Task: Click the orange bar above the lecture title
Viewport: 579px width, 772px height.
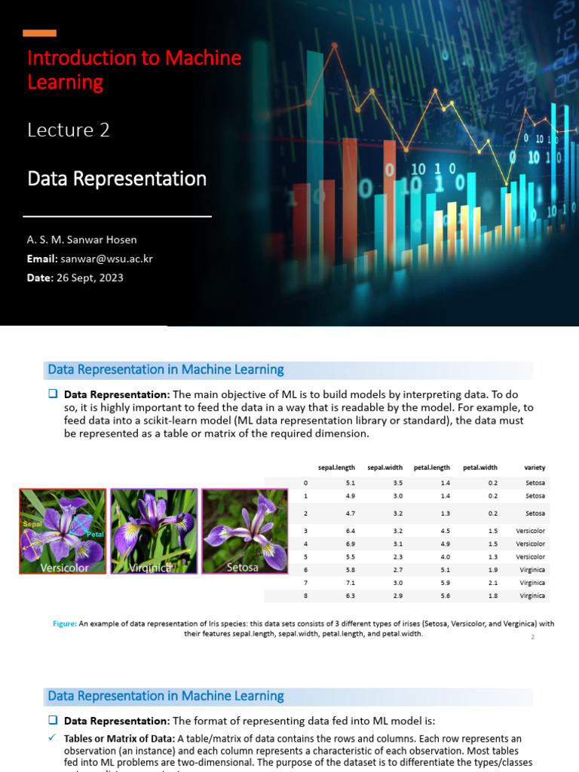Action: click(39, 33)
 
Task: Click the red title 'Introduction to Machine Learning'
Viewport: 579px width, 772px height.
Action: click(134, 69)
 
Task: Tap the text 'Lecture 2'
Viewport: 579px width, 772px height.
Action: click(69, 130)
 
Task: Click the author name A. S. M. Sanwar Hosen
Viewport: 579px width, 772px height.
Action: click(82, 240)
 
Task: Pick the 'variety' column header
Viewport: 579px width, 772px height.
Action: click(535, 467)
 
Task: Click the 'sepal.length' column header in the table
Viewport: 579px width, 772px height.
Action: click(336, 467)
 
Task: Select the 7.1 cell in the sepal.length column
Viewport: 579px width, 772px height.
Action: click(351, 583)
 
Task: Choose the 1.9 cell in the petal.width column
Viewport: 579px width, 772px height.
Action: click(492, 570)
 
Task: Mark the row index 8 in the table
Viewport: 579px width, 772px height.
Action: click(305, 596)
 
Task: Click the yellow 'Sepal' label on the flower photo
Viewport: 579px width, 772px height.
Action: click(32, 523)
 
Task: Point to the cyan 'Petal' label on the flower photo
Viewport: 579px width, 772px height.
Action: click(94, 534)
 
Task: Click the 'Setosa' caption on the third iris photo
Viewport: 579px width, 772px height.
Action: click(243, 567)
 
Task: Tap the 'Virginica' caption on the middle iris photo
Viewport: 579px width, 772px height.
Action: click(150, 568)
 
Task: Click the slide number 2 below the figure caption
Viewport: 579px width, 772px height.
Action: click(532, 638)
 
